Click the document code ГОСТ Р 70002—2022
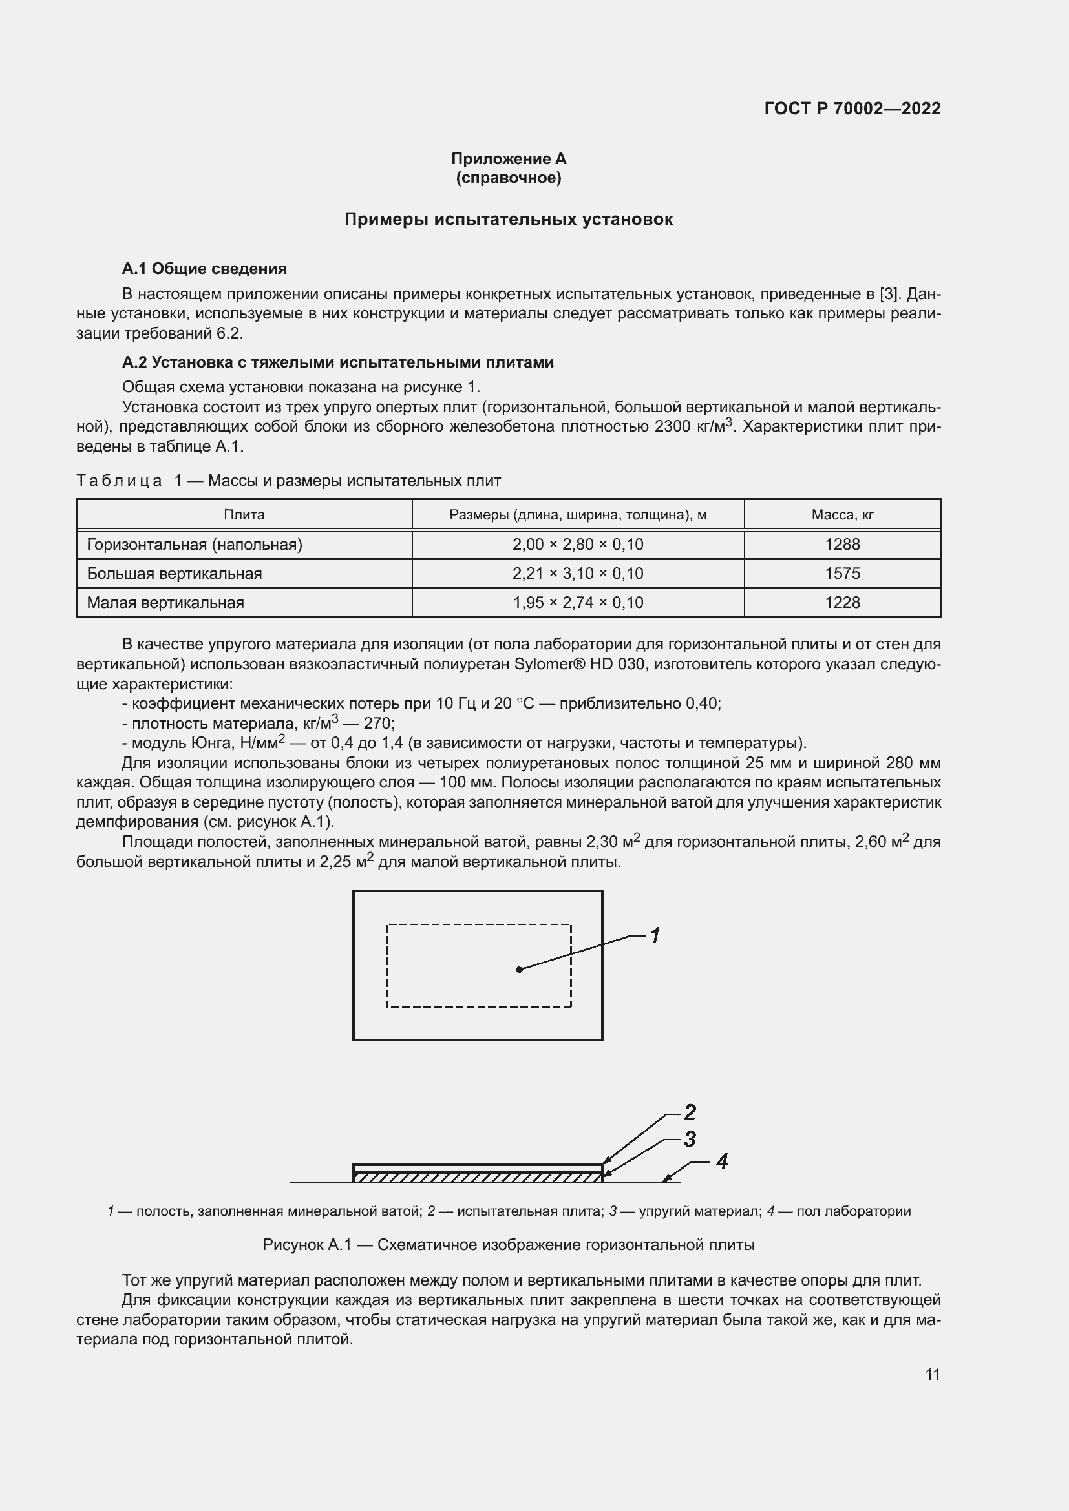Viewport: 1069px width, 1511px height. click(852, 109)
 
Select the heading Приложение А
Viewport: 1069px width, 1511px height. click(508, 159)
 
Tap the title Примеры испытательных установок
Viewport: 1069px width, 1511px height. click(508, 219)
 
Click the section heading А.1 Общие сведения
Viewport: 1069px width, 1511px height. click(204, 269)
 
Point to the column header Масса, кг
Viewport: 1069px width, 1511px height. click(842, 515)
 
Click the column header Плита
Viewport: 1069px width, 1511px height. click(244, 515)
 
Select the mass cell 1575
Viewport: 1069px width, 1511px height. click(842, 573)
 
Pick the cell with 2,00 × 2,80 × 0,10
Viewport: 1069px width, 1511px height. click(577, 544)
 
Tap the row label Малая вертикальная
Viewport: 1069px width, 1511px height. click(165, 602)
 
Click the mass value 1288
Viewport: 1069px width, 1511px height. click(842, 544)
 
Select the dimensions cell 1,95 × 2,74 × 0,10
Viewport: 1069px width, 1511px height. click(577, 602)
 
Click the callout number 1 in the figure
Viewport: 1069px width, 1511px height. click(655, 935)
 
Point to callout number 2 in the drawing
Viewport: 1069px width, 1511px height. click(690, 1112)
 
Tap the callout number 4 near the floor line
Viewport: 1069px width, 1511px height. click(721, 1162)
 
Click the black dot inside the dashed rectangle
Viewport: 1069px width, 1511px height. click(520, 970)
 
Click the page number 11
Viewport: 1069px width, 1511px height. click(932, 1374)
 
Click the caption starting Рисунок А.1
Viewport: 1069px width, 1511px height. click(508, 1245)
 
